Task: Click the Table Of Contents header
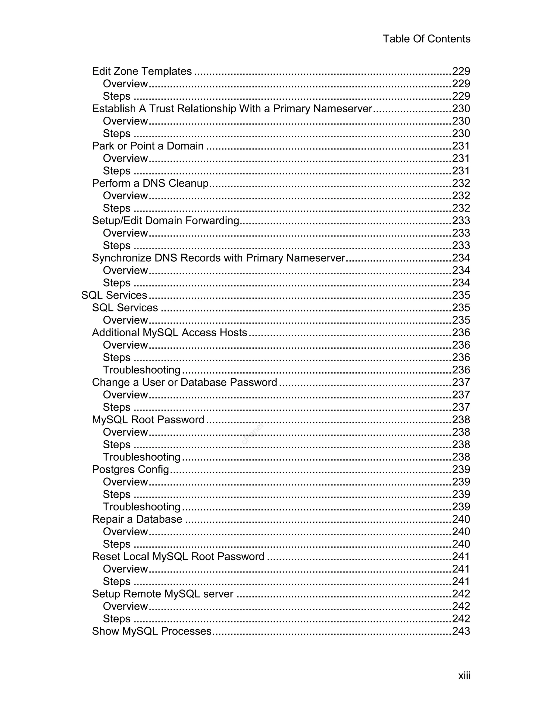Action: click(x=426, y=39)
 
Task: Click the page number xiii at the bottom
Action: click(x=464, y=675)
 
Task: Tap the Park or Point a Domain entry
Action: click(x=148, y=146)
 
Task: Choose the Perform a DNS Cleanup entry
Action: click(x=150, y=183)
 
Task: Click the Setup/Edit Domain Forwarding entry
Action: click(x=165, y=221)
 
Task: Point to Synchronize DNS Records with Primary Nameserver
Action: click(x=218, y=258)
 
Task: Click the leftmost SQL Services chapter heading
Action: click(x=114, y=295)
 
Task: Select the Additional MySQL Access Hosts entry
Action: click(x=169, y=332)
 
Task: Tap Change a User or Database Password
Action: click(x=184, y=382)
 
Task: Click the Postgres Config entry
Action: click(x=130, y=469)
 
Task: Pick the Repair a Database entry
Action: click(x=137, y=519)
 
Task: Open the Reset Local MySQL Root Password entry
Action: click(x=178, y=556)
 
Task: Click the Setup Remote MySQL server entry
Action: click(x=163, y=594)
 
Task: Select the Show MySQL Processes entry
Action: click(x=152, y=631)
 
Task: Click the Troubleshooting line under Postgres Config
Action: click(x=142, y=507)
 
